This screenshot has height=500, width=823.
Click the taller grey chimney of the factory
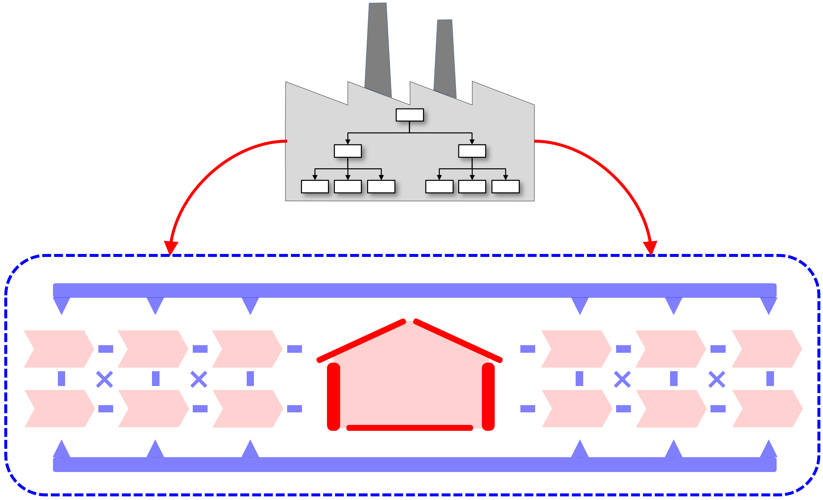tap(378, 50)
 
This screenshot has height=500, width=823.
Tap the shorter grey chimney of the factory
tap(445, 59)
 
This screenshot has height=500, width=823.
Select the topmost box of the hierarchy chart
tap(410, 115)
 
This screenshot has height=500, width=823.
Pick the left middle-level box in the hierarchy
tap(348, 151)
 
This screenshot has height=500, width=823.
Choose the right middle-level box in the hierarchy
tap(472, 151)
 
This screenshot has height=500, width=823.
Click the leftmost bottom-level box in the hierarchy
tap(315, 187)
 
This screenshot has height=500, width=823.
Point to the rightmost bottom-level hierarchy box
tap(505, 187)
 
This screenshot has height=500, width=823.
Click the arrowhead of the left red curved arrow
tap(171, 247)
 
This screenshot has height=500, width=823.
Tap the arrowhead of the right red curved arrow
tap(650, 247)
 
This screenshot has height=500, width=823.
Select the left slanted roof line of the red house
tap(361, 341)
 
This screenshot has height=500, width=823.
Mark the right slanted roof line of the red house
tap(458, 341)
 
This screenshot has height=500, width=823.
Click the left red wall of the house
tap(333, 396)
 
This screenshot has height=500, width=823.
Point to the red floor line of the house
tap(410, 428)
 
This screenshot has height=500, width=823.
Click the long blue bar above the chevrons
tap(414, 290)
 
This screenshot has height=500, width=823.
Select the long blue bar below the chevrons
tap(414, 464)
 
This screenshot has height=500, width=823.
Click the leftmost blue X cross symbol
tap(105, 379)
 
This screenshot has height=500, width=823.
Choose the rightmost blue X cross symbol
tap(717, 379)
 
